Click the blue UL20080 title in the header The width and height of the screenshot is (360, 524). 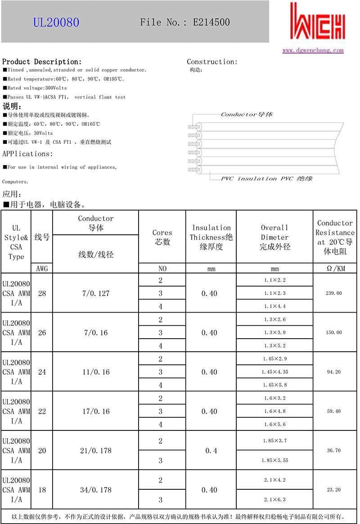(x=56, y=22)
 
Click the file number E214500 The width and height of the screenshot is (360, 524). (x=185, y=22)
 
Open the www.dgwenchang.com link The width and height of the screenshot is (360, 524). (x=313, y=50)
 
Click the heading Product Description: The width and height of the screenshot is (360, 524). (x=42, y=62)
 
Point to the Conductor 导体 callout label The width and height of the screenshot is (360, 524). (x=247, y=114)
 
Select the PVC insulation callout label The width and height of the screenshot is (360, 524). (x=266, y=179)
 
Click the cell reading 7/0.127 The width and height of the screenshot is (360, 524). (x=95, y=293)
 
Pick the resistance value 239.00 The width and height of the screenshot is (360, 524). (x=333, y=293)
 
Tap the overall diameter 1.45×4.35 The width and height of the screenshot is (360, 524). (x=274, y=372)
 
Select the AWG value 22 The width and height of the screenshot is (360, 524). (x=42, y=411)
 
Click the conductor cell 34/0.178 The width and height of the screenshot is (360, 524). (x=95, y=490)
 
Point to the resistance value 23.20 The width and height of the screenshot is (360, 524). (x=333, y=490)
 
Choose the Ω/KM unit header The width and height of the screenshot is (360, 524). (x=335, y=269)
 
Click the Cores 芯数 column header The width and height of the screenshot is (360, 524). (x=162, y=237)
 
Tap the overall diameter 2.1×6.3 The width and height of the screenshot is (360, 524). (x=274, y=500)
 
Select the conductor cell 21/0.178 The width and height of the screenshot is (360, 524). (x=95, y=450)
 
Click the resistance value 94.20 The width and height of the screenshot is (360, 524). (x=333, y=372)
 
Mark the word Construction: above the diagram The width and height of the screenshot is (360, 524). (x=212, y=62)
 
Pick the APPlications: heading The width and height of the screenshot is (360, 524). (x=27, y=154)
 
